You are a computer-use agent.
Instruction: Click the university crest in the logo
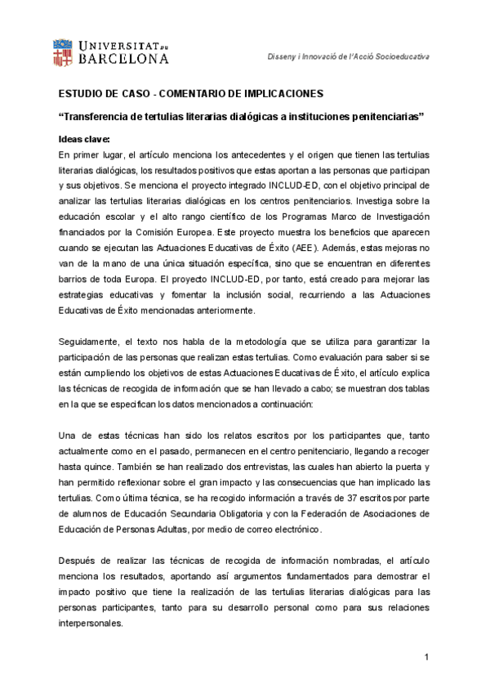pyautogui.click(x=66, y=51)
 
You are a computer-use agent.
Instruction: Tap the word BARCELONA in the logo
pyautogui.click(x=125, y=59)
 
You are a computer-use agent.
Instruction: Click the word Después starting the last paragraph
pyautogui.click(x=79, y=561)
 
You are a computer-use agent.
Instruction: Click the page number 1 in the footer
pyautogui.click(x=426, y=659)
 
